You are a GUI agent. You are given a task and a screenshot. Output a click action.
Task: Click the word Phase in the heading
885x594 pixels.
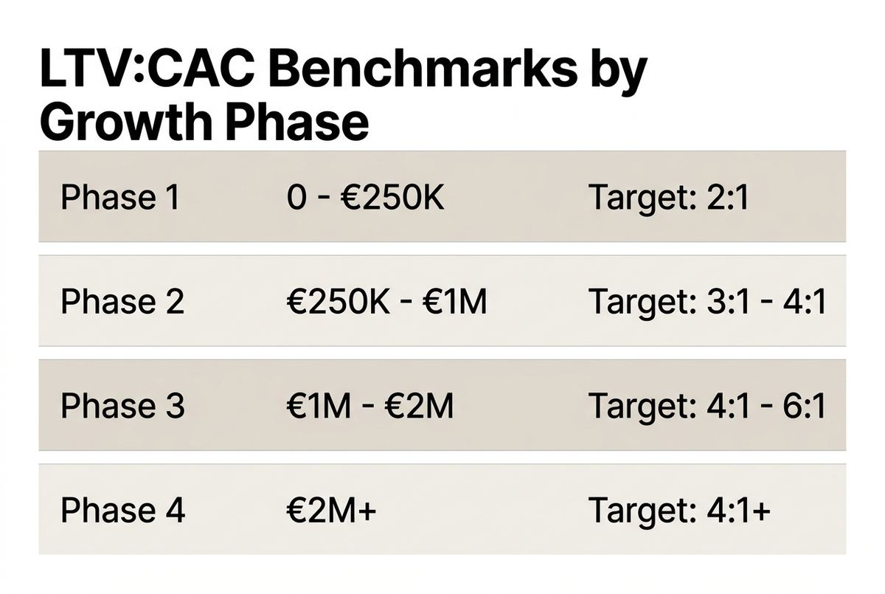coord(298,120)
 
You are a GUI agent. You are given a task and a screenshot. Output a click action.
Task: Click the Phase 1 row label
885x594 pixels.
coord(120,197)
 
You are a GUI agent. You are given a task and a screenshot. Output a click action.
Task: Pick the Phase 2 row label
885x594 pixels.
coord(122,301)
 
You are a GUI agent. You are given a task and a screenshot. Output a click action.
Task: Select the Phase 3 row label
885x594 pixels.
coord(122,406)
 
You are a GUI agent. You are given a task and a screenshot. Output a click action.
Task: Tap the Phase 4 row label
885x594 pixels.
coord(122,510)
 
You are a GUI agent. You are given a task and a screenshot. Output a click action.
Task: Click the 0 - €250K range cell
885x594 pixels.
coord(366,197)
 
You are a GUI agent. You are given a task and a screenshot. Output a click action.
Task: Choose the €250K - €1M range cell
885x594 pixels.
coord(386,301)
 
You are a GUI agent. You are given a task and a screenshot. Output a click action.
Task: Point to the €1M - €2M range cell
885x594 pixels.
coord(370,406)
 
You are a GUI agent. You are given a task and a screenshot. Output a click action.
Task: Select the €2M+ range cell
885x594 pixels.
coord(331,510)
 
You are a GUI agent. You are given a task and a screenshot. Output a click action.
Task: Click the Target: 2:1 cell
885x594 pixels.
coord(668,198)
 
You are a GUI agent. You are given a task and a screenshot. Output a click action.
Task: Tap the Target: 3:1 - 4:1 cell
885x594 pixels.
coord(707,303)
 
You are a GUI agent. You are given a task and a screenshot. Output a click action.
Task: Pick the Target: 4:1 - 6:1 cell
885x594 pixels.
coord(707,407)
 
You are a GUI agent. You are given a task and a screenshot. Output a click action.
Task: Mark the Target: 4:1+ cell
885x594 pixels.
coord(679,511)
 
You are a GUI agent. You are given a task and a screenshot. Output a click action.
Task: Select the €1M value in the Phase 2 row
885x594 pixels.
coord(454,302)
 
